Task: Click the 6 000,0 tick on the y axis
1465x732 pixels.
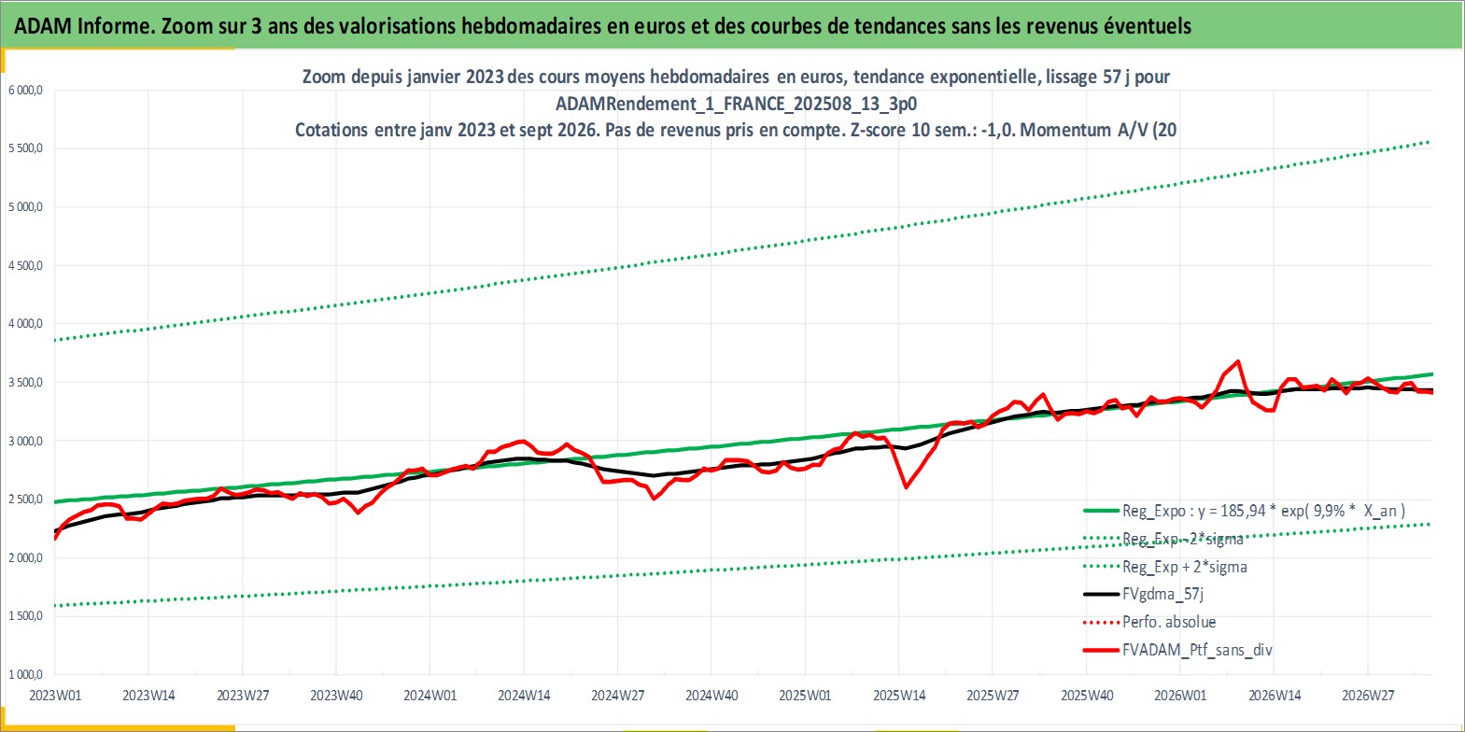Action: click(25, 91)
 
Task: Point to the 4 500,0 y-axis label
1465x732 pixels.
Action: click(25, 265)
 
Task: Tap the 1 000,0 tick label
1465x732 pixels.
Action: click(25, 674)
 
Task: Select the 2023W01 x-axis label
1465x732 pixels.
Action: click(56, 696)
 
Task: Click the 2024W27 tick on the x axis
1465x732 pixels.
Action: click(617, 696)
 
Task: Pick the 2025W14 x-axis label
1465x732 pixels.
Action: click(899, 696)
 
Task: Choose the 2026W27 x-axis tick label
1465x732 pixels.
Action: click(1368, 696)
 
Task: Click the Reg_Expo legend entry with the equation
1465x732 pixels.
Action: click(1244, 511)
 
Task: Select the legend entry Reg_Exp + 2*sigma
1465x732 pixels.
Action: click(1165, 567)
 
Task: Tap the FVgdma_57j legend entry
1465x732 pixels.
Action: click(1144, 594)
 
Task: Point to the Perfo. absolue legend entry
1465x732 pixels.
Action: click(1149, 622)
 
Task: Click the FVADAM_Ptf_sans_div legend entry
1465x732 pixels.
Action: click(1178, 650)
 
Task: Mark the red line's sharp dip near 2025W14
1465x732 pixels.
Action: click(906, 487)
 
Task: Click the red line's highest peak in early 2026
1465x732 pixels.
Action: click(1238, 361)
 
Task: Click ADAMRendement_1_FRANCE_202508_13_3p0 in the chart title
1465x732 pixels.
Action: click(736, 104)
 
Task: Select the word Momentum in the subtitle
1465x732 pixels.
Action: click(1065, 130)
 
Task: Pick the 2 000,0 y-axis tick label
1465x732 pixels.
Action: click(25, 558)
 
